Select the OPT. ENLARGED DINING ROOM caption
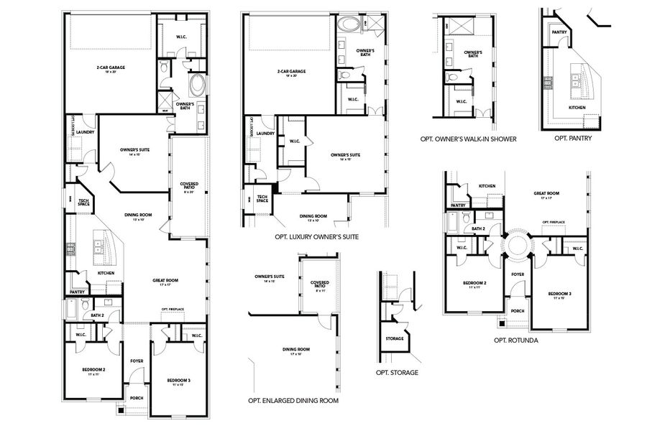pos(293,401)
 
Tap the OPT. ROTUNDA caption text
pos(516,340)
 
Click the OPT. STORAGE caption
pos(396,373)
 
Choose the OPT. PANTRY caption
pos(572,139)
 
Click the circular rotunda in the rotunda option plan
pos(517,244)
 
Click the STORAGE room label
pos(394,338)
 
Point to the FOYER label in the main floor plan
pos(137,361)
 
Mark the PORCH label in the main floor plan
pos(136,397)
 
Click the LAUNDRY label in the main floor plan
pos(86,131)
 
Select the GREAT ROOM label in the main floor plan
pos(165,282)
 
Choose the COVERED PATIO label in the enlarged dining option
pos(320,284)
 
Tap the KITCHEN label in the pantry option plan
pos(577,108)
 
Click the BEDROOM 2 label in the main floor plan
pos(93,371)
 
